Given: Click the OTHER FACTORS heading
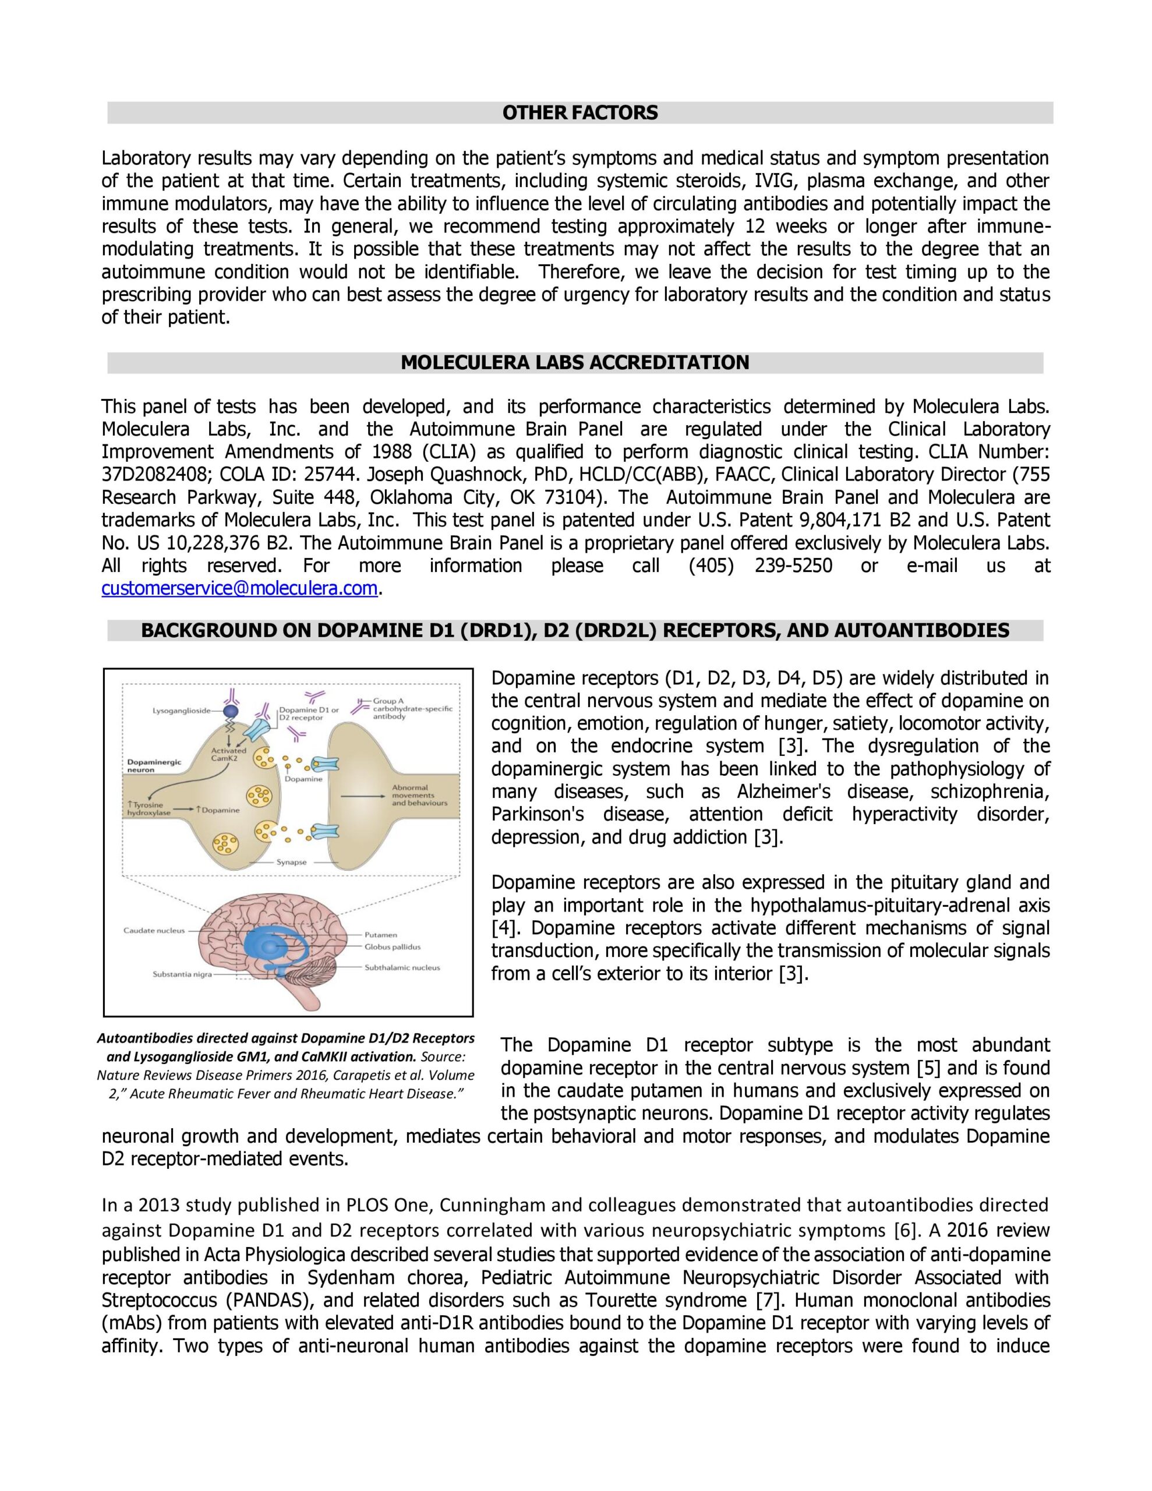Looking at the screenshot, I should pyautogui.click(x=579, y=112).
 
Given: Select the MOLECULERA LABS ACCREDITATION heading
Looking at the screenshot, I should pyautogui.click(x=574, y=362).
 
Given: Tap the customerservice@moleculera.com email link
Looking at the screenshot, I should pyautogui.click(x=239, y=588).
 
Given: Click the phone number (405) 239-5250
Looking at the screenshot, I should pyautogui.click(x=760, y=566).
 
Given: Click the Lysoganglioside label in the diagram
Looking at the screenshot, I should pyautogui.click(x=181, y=711).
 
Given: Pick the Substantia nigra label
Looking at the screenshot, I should pyautogui.click(x=182, y=974).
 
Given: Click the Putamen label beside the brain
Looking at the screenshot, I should pyautogui.click(x=380, y=935).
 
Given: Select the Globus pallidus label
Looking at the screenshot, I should pyautogui.click(x=392, y=947).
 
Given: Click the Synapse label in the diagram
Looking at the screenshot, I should pyautogui.click(x=291, y=862).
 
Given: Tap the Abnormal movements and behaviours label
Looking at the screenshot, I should pyautogui.click(x=418, y=796).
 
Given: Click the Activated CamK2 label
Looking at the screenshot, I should pyautogui.click(x=228, y=754).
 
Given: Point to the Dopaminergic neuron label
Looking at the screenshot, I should pyautogui.click(x=154, y=765).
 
